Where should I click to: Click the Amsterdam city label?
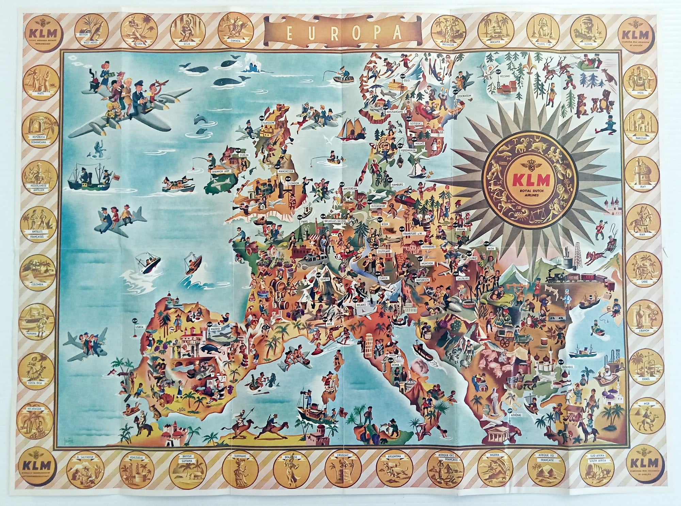(350, 188)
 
